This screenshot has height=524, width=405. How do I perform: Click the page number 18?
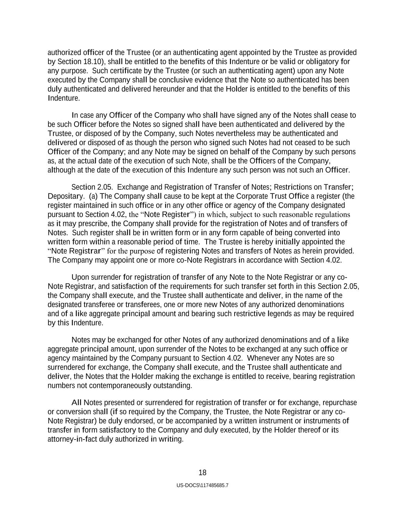[x=202, y=473]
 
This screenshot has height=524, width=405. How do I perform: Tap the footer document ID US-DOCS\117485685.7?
[x=202, y=485]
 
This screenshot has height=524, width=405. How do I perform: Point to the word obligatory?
[x=321, y=62]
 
